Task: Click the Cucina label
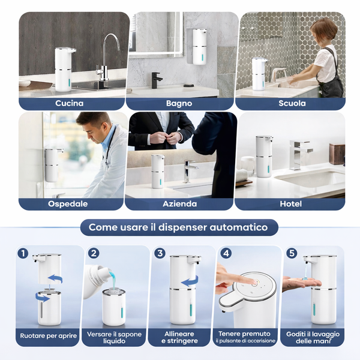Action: [x=70, y=103]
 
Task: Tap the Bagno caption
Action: [x=179, y=104]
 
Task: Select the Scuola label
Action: [x=292, y=103]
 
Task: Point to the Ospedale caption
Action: [x=68, y=204]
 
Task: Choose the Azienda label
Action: [x=180, y=204]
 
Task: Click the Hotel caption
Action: [x=290, y=204]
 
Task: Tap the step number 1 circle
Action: [x=23, y=253]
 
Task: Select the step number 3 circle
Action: [x=160, y=253]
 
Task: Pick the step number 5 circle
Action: [x=292, y=253]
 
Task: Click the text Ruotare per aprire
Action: [x=49, y=336]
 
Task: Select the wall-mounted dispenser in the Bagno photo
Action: [x=199, y=47]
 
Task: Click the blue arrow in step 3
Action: [x=190, y=281]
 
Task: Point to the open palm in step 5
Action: [x=301, y=283]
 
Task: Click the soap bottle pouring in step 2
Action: [x=97, y=281]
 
